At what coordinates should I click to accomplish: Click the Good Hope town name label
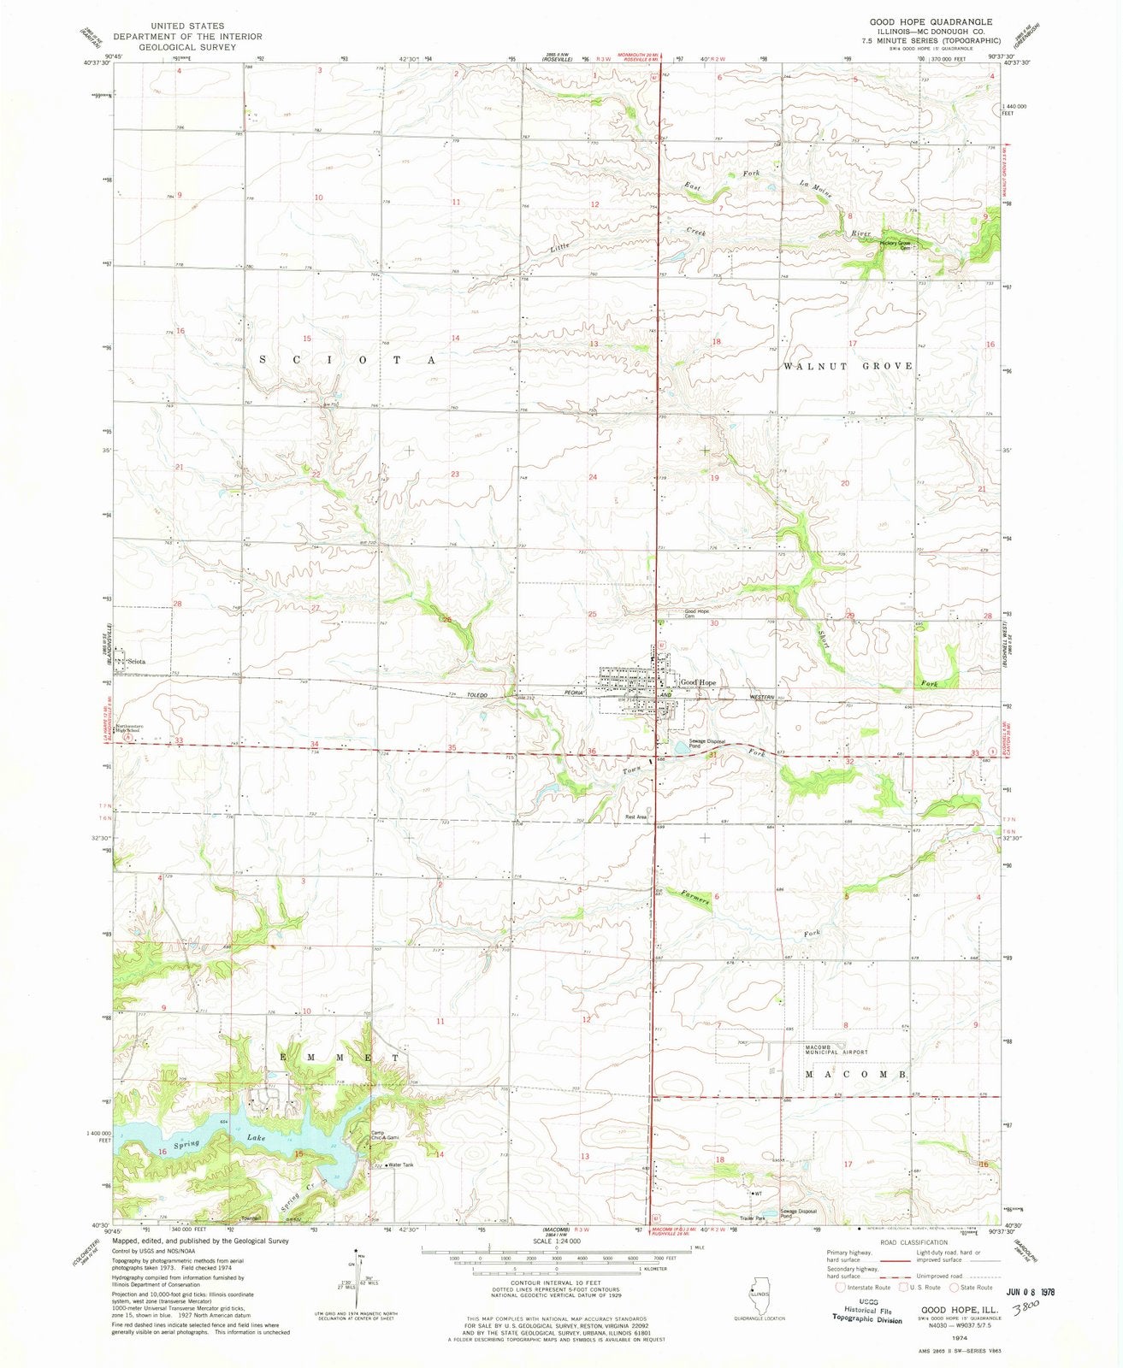click(698, 682)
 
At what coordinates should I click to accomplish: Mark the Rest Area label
click(635, 817)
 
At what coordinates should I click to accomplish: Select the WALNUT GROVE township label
click(848, 365)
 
